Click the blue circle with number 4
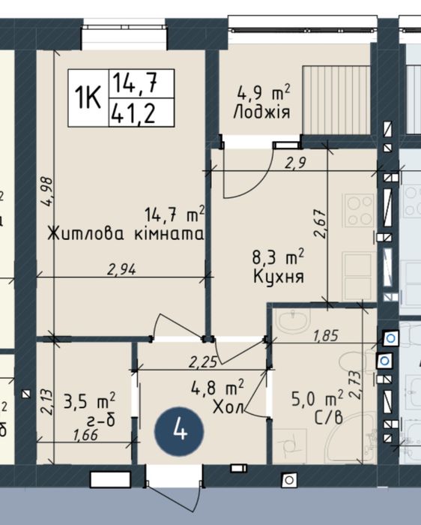pyautogui.click(x=179, y=431)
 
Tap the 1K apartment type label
pyautogui.click(x=88, y=97)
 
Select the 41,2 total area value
pyautogui.click(x=133, y=112)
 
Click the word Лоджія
pyautogui.click(x=262, y=112)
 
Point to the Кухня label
pyautogui.click(x=279, y=277)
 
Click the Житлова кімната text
pyautogui.click(x=126, y=234)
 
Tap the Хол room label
pyautogui.click(x=228, y=407)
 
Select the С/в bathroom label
pyautogui.click(x=328, y=417)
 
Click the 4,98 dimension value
pyautogui.click(x=47, y=192)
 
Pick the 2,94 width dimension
pyautogui.click(x=121, y=269)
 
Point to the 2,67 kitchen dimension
pyautogui.click(x=320, y=223)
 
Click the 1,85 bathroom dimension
pyautogui.click(x=326, y=335)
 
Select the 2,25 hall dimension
pyautogui.click(x=203, y=362)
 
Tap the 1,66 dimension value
pyautogui.click(x=85, y=435)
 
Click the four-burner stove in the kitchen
pyautogui.click(x=359, y=211)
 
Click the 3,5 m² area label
pyautogui.click(x=89, y=400)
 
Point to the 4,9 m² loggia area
pyautogui.click(x=264, y=93)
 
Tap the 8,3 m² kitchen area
pyautogui.click(x=278, y=257)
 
